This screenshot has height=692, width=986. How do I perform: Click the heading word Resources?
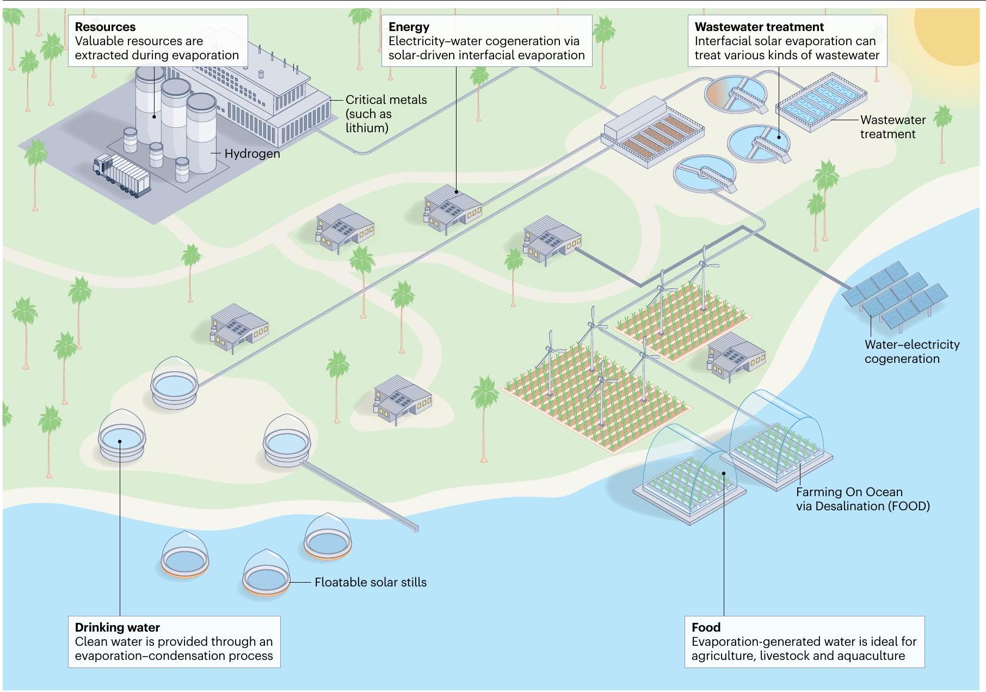tap(105, 27)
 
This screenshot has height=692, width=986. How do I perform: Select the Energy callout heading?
tap(409, 27)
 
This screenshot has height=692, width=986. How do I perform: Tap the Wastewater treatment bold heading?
tap(759, 27)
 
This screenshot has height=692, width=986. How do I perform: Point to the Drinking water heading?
tap(117, 627)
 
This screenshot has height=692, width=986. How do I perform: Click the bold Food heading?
tap(706, 627)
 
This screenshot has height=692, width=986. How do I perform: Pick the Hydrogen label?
tap(252, 153)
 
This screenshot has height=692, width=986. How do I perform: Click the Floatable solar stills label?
tap(370, 582)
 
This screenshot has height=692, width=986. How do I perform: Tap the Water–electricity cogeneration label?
tap(911, 351)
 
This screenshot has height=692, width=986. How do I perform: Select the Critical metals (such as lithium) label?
tap(385, 114)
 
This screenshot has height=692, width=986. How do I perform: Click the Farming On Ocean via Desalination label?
tap(862, 499)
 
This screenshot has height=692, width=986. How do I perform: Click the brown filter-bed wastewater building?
tap(653, 133)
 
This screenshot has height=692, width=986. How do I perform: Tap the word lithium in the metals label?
tap(367, 128)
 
